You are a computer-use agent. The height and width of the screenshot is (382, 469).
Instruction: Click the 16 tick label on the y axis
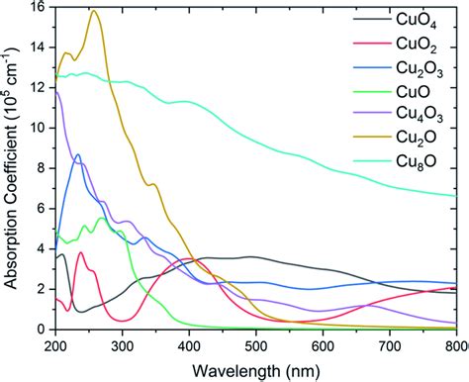[x=37, y=7]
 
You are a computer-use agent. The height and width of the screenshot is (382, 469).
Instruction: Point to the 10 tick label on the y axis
[x=37, y=128]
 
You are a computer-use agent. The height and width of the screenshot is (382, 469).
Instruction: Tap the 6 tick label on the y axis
[x=41, y=208]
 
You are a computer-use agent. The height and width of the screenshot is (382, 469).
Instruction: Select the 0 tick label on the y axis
[x=41, y=329]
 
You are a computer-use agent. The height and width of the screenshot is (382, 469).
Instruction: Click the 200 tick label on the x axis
[x=55, y=344]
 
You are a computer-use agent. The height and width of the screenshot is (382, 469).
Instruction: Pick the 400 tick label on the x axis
[x=189, y=344]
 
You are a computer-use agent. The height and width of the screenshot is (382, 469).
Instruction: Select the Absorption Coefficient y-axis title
[x=12, y=168]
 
